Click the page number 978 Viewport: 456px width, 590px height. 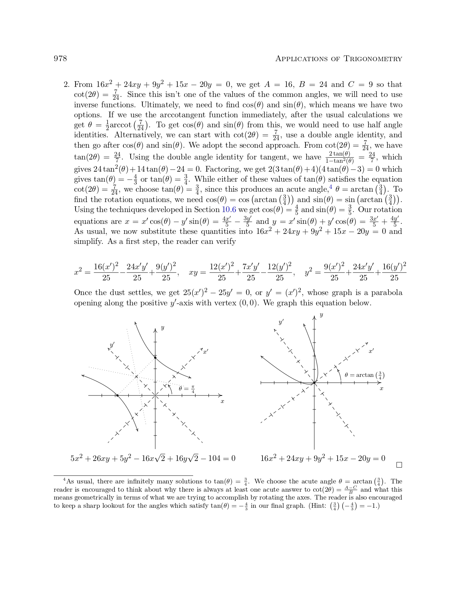pyautogui.click(x=60, y=59)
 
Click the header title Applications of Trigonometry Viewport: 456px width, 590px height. pyautogui.click(x=338, y=59)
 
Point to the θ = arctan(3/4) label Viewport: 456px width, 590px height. pyautogui.click(x=364, y=375)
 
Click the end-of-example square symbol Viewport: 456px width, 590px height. pyautogui.click(x=399, y=465)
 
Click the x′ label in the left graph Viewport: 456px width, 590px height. pyautogui.click(x=205, y=351)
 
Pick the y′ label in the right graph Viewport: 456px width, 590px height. pyautogui.click(x=281, y=322)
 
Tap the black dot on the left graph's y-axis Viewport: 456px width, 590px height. pyautogui.click(x=155, y=358)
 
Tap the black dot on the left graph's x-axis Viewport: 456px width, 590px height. pyautogui.click(x=117, y=395)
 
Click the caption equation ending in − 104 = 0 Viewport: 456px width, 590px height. pyautogui.click(x=153, y=458)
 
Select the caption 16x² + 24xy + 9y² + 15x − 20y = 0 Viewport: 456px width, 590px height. pyautogui.click(x=323, y=458)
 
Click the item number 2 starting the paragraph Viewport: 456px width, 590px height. pyautogui.click(x=66, y=85)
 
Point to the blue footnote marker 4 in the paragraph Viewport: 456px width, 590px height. pyautogui.click(x=331, y=187)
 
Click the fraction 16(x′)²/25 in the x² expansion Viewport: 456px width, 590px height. pyautogui.click(x=106, y=272)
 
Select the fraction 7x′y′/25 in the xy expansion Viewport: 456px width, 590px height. pyautogui.click(x=251, y=272)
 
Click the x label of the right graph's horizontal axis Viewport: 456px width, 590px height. pyautogui.click(x=381, y=388)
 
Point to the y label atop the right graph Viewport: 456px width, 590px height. pyautogui.click(x=321, y=315)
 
